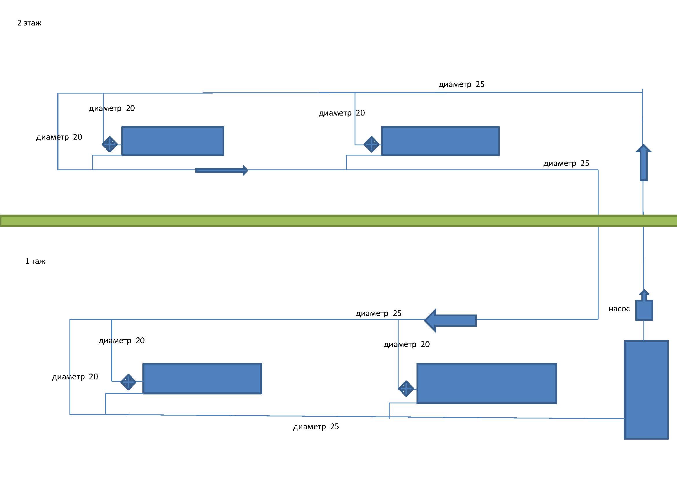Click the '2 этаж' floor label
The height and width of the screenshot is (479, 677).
(29, 23)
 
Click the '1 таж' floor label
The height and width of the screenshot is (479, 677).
(35, 261)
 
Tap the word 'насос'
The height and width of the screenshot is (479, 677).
(619, 309)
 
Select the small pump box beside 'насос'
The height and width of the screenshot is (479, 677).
(644, 310)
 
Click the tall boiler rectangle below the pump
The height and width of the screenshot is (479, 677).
(646, 390)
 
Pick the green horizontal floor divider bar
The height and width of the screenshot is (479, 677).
(339, 221)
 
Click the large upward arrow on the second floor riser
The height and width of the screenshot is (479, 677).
(643, 162)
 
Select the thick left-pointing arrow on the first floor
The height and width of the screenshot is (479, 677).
(450, 320)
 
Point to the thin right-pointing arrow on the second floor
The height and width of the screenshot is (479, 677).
(222, 171)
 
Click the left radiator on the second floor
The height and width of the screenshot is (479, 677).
(173, 141)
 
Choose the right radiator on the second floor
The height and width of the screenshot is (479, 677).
(440, 141)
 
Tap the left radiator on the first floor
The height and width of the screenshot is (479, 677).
(202, 379)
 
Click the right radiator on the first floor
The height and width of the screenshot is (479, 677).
(487, 383)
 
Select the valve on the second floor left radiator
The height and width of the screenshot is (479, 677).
(110, 144)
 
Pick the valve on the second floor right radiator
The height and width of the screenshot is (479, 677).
(372, 144)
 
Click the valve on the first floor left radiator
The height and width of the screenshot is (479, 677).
(128, 382)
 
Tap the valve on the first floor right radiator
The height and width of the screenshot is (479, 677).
(406, 388)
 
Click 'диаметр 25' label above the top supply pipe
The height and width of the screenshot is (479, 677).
(461, 84)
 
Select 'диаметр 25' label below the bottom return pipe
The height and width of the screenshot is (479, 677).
(316, 427)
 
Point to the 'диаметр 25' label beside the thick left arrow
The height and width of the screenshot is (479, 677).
(378, 313)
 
